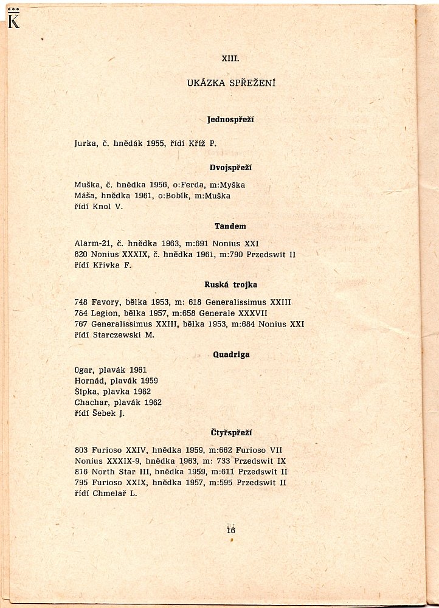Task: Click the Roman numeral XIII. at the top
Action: coord(230,59)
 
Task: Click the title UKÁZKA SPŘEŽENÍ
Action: coord(231,83)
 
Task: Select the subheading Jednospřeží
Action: coord(230,119)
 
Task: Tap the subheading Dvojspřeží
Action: coord(230,167)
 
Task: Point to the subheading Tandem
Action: coord(230,226)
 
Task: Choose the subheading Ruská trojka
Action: coord(230,285)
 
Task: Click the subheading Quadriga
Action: coord(231,354)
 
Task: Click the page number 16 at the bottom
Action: coord(231,530)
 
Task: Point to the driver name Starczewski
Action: coord(117,334)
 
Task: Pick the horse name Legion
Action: coord(103,313)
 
